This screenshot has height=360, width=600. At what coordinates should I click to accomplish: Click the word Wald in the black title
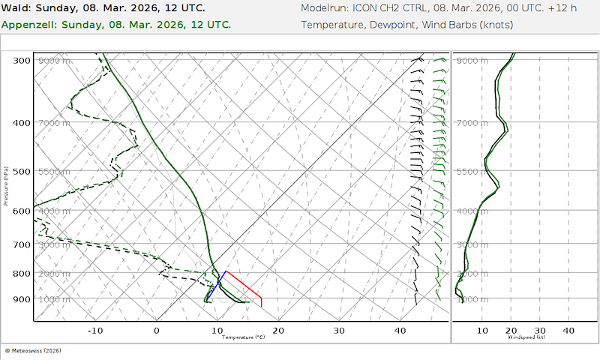[x=16, y=8]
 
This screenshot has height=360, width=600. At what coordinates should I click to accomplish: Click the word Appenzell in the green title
[x=29, y=24]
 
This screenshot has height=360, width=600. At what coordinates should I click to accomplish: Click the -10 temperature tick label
[x=95, y=330]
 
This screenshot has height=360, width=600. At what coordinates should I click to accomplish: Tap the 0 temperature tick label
[x=157, y=330]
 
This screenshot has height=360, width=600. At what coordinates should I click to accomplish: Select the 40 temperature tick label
[x=400, y=330]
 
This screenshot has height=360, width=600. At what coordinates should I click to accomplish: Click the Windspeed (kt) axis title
[x=525, y=337]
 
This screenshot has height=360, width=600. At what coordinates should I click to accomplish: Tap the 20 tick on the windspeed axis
[x=511, y=330]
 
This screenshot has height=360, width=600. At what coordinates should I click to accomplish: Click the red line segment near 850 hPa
[x=244, y=284]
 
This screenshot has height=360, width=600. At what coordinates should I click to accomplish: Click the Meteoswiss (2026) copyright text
[x=33, y=350]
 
